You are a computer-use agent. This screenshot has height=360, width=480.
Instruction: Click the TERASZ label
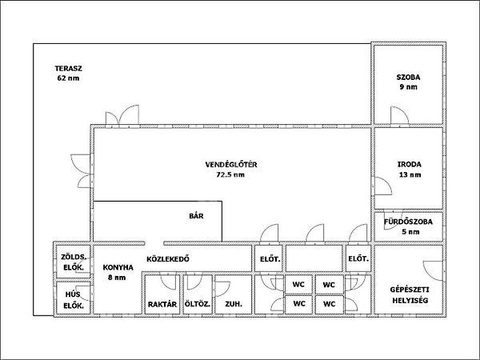coord(69,69)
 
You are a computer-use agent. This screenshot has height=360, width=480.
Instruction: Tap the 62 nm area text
coord(68,78)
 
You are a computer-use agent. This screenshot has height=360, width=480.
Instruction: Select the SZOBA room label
coord(408,77)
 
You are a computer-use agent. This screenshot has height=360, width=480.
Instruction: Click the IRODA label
coord(410,164)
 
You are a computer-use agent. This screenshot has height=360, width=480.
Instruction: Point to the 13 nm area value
coord(410,174)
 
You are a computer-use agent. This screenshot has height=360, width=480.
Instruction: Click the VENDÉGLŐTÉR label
coord(231,164)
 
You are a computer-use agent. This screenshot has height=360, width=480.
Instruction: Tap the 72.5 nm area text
coord(230,174)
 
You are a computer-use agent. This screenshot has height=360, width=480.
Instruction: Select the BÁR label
coord(196,216)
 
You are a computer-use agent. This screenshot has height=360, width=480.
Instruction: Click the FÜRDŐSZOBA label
coord(408,222)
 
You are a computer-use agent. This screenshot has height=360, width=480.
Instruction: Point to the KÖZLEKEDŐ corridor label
coord(168,259)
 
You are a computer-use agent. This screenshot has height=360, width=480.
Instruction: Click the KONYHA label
coord(118,267)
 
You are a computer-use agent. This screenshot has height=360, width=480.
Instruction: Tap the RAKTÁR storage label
coord(162,304)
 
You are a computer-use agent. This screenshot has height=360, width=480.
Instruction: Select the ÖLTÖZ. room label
coord(198,304)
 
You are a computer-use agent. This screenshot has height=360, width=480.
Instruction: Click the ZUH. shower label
coord(234,304)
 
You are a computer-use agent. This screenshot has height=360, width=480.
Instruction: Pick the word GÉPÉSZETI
coord(410,290)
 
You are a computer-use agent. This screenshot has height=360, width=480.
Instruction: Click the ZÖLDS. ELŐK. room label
coord(74,262)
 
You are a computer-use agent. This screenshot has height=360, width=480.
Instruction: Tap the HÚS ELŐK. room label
coord(74,300)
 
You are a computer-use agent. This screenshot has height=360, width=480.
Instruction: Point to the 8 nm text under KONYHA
coord(117,278)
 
